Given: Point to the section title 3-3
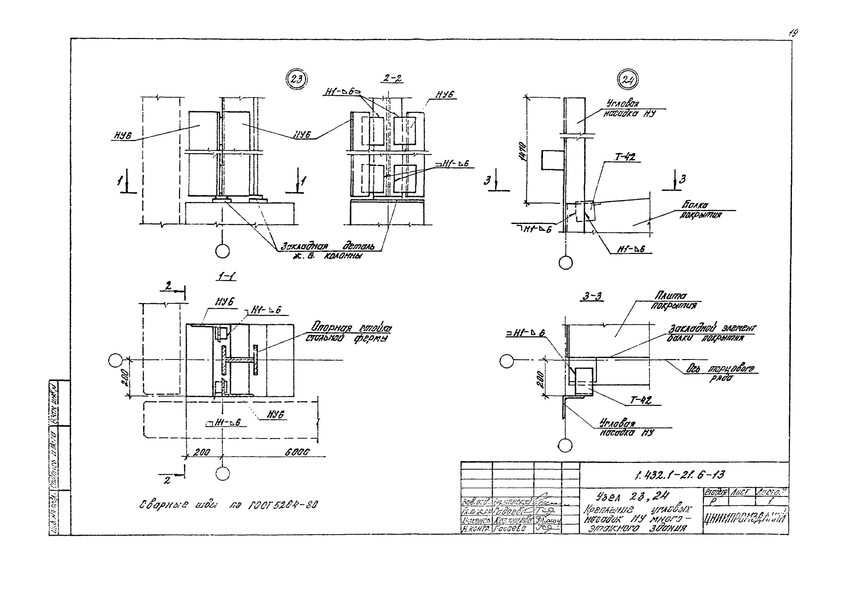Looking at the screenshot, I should point(592,297).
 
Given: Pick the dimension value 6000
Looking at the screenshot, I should point(297,452).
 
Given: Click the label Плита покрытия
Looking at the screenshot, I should point(673,301).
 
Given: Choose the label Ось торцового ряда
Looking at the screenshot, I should point(720,372).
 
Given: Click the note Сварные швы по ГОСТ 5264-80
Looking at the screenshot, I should point(228,505).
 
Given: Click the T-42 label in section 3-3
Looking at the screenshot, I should point(641,400).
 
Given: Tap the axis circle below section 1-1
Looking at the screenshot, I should point(222,474).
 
